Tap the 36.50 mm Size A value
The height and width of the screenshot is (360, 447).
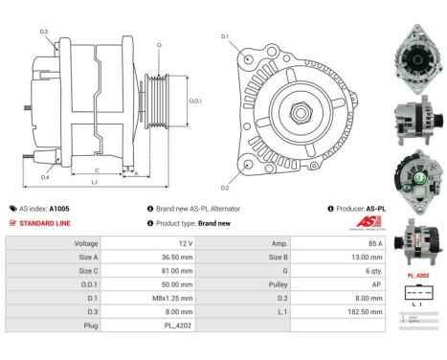172,258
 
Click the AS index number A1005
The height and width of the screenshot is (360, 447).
59,208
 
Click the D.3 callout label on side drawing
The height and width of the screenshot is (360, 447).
44,33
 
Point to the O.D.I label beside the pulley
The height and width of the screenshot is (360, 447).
195,101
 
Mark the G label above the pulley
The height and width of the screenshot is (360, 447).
159,46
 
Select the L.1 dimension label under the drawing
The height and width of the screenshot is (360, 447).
94,180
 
